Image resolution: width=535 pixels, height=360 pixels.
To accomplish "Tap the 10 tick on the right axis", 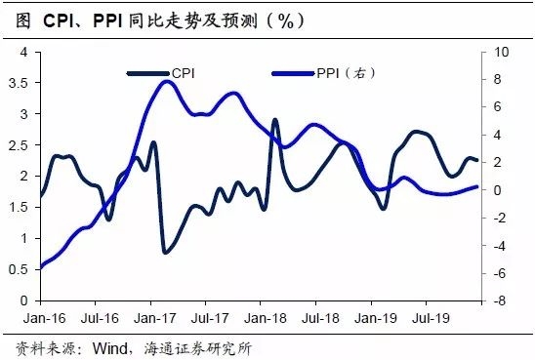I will [x=498, y=52].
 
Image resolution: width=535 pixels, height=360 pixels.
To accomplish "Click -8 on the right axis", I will [x=498, y=301].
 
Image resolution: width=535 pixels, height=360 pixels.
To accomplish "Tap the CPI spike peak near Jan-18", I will [x=274, y=120].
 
